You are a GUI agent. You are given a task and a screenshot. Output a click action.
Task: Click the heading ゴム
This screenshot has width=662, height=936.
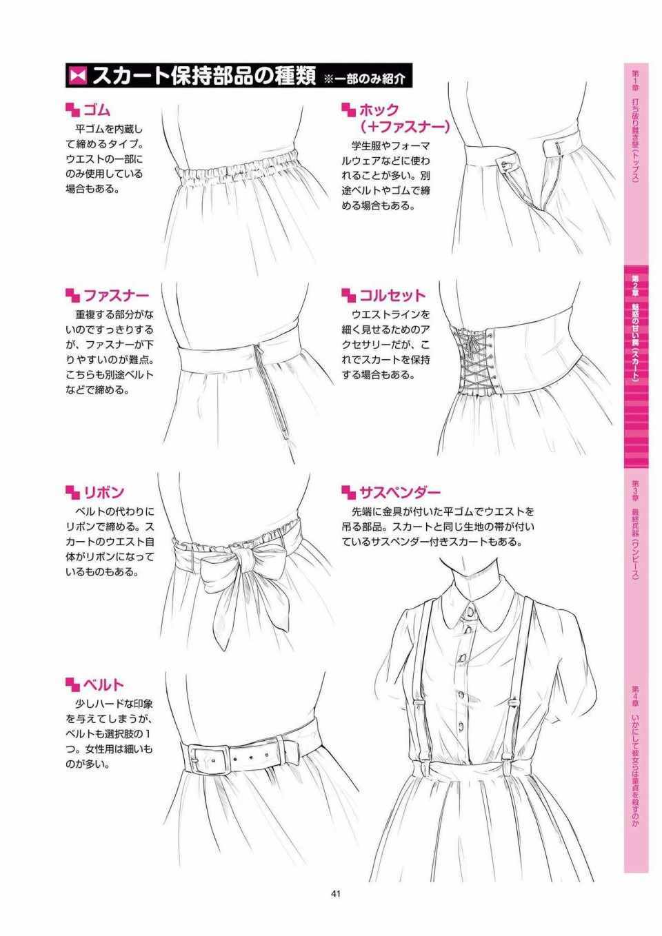[97, 111]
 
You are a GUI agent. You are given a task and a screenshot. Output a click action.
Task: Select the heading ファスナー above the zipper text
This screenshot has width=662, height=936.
[116, 296]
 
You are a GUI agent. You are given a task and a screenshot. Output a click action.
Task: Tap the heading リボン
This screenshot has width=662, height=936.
[103, 492]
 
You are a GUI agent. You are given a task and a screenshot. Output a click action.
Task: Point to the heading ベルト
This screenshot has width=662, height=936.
[103, 685]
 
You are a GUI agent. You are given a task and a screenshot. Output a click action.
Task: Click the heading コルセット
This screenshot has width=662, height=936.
[392, 296]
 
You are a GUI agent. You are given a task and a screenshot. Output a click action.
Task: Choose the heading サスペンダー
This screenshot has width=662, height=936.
[399, 492]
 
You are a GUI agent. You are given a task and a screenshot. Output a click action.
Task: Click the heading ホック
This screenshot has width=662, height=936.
[379, 110]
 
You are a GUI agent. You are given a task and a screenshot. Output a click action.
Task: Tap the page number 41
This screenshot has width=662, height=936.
[336, 894]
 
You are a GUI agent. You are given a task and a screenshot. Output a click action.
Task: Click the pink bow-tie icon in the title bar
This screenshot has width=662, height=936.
[78, 76]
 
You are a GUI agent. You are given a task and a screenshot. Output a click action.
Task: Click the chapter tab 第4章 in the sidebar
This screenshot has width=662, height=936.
[636, 764]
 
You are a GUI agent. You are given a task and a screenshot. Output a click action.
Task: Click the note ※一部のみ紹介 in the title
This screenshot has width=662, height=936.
[364, 78]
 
